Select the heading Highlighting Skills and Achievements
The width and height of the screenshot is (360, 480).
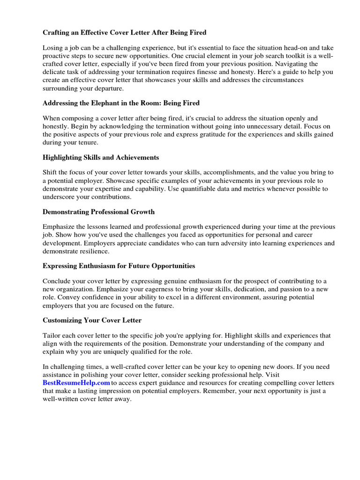coord(101,157)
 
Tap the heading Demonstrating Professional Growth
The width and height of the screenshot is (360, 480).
coord(98,211)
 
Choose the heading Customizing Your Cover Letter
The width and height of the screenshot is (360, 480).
coord(92,320)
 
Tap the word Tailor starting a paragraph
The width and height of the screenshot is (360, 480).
coord(52,336)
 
